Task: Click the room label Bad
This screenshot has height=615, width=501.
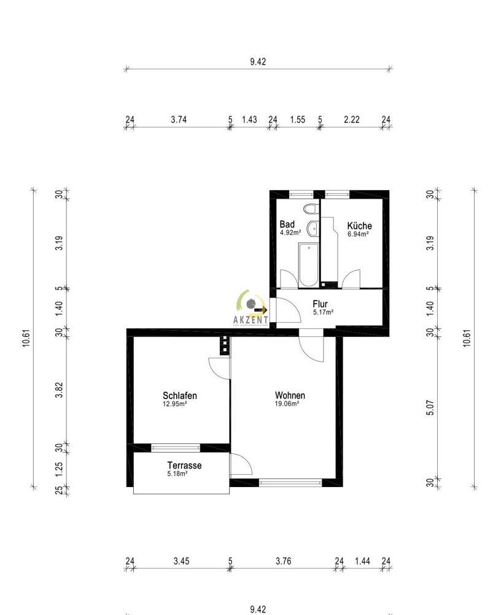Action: pyautogui.click(x=287, y=224)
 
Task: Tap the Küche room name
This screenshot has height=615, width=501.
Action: pyautogui.click(x=359, y=226)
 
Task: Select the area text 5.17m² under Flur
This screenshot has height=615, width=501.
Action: pyautogui.click(x=323, y=312)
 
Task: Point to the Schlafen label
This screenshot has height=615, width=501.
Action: pyautogui.click(x=180, y=395)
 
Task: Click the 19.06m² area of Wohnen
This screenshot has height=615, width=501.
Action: pyautogui.click(x=287, y=404)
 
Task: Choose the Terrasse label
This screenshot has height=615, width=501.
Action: pyautogui.click(x=184, y=466)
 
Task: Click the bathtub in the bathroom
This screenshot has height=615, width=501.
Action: pyautogui.click(x=308, y=265)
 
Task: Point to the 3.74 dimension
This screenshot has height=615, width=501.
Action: pyautogui.click(x=179, y=120)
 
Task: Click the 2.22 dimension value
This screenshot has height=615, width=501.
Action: pyautogui.click(x=352, y=120)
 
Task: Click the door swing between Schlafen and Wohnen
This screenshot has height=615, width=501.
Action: pyautogui.click(x=218, y=368)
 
